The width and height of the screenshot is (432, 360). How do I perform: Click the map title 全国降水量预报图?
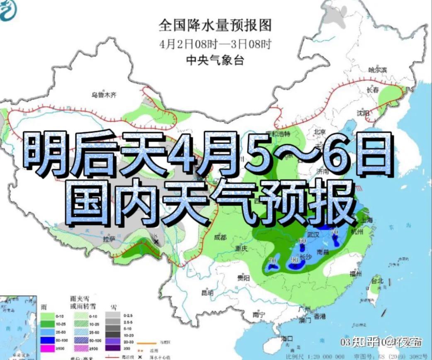215,26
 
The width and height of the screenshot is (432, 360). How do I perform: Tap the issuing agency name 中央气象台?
215,61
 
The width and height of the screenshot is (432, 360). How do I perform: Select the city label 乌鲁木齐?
104,95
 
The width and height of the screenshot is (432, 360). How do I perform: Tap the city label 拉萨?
109,239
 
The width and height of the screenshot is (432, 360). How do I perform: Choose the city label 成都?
220,238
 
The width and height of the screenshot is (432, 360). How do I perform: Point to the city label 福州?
356,274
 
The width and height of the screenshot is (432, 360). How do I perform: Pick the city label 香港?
320,316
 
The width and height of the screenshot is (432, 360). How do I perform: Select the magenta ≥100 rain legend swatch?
48,349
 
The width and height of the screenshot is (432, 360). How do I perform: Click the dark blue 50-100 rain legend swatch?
48,341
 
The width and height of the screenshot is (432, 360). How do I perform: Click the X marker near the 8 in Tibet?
156,241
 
